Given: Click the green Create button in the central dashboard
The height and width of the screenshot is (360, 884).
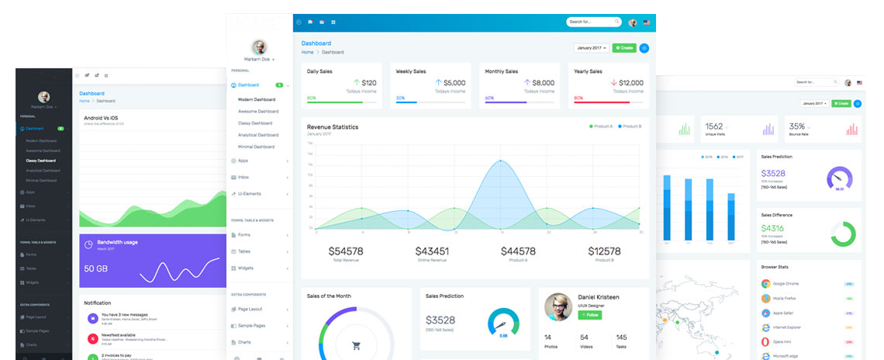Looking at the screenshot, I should click(623, 48).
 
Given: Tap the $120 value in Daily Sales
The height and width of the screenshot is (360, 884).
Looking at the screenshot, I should click(368, 82).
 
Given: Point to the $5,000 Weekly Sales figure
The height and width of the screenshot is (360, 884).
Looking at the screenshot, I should click(454, 82).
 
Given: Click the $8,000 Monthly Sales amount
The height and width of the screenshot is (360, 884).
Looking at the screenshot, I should click(544, 82).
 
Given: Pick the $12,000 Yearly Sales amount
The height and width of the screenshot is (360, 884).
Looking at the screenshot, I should click(631, 82).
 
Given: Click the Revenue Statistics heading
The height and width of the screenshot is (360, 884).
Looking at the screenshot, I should click(333, 126).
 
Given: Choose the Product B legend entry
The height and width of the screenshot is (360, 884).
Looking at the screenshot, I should click(630, 126).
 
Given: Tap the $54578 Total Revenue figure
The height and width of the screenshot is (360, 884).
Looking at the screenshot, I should click(346, 251).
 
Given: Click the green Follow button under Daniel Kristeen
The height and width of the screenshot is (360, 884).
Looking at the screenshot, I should click(589, 315).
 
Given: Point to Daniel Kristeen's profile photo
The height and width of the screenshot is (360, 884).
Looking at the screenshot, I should click(558, 306).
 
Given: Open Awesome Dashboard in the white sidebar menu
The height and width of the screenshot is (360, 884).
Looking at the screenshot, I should click(258, 111).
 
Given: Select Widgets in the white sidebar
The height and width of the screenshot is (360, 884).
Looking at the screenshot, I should click(245, 268).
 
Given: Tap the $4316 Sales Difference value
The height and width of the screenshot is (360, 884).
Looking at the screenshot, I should click(773, 228).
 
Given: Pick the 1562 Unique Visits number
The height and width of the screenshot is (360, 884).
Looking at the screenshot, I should click(714, 126).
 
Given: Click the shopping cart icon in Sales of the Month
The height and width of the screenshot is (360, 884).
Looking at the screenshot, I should click(357, 346).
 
